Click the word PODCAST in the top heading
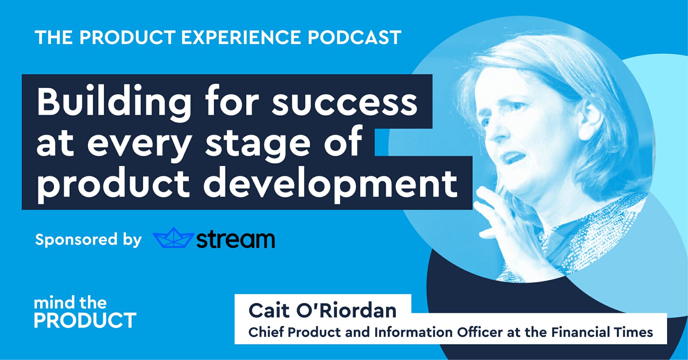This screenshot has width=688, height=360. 354,37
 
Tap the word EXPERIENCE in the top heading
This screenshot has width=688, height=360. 241,37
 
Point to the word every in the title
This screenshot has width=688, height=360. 139,144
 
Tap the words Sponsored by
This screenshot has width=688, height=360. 88,240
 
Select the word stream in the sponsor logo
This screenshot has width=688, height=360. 236,239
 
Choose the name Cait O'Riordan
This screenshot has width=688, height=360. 322,310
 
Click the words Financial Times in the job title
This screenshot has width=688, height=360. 602,332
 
